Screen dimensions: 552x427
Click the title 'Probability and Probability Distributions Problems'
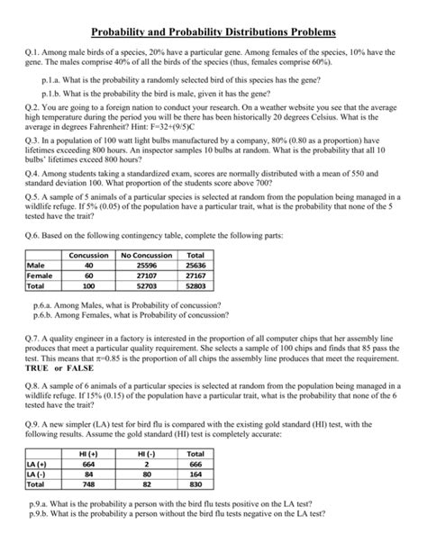(x=213, y=32)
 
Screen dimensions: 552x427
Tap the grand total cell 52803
(x=194, y=286)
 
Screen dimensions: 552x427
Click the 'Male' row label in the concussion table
(x=37, y=266)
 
